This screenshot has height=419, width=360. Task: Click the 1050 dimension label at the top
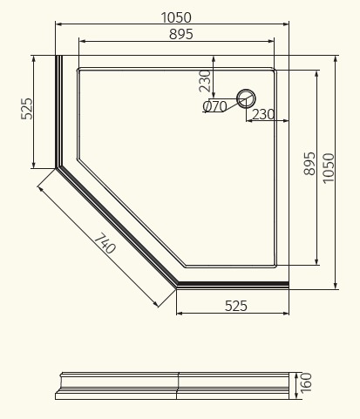176,17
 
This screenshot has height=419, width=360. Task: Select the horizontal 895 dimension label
181,34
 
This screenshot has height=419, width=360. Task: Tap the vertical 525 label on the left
27,109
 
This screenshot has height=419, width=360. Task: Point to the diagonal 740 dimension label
105,243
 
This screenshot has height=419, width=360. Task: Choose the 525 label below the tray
236,306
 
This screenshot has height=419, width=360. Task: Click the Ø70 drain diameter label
214,106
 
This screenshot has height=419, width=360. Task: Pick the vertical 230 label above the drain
205,81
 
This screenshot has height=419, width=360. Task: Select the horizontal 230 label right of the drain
263,114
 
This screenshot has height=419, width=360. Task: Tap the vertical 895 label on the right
309,164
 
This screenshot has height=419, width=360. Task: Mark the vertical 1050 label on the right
329,168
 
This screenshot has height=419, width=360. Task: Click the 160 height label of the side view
306,382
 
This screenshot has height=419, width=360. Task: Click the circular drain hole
246,98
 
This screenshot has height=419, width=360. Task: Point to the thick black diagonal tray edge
117,226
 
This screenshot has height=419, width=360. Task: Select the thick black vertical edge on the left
59,112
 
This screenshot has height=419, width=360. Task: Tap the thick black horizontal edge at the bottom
233,284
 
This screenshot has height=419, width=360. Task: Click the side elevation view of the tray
173,386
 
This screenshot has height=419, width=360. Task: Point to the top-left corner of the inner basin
78,70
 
